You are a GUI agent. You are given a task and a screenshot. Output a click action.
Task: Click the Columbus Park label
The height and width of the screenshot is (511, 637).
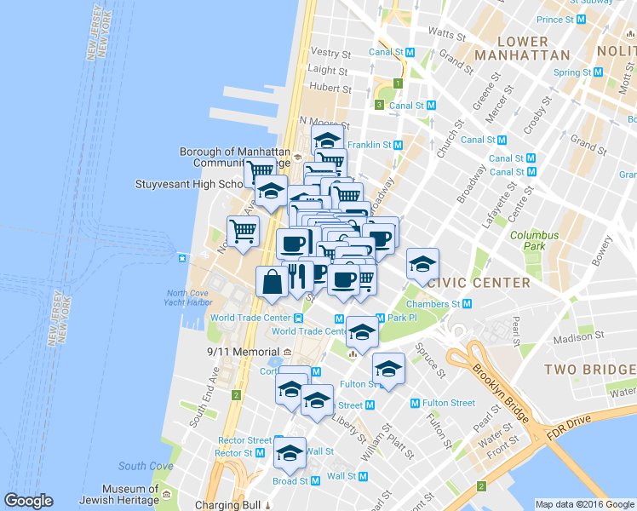click(534, 241)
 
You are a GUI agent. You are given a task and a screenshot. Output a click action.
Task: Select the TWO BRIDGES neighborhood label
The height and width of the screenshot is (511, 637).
click(590, 370)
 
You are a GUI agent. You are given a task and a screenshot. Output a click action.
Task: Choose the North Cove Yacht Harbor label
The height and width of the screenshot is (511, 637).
click(189, 298)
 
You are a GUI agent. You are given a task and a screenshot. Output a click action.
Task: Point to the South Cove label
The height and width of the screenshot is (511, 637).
click(146, 466)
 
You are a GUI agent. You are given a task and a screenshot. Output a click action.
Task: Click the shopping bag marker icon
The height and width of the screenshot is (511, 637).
click(271, 282)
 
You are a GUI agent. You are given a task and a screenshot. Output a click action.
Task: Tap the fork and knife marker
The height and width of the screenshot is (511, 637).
click(297, 274)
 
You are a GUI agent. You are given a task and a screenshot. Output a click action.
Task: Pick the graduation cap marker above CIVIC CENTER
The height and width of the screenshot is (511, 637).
click(422, 264)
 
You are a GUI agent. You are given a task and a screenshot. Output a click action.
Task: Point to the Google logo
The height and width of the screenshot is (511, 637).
click(28, 502)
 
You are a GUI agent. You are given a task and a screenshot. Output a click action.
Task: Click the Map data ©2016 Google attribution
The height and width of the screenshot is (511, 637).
click(584, 504)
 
